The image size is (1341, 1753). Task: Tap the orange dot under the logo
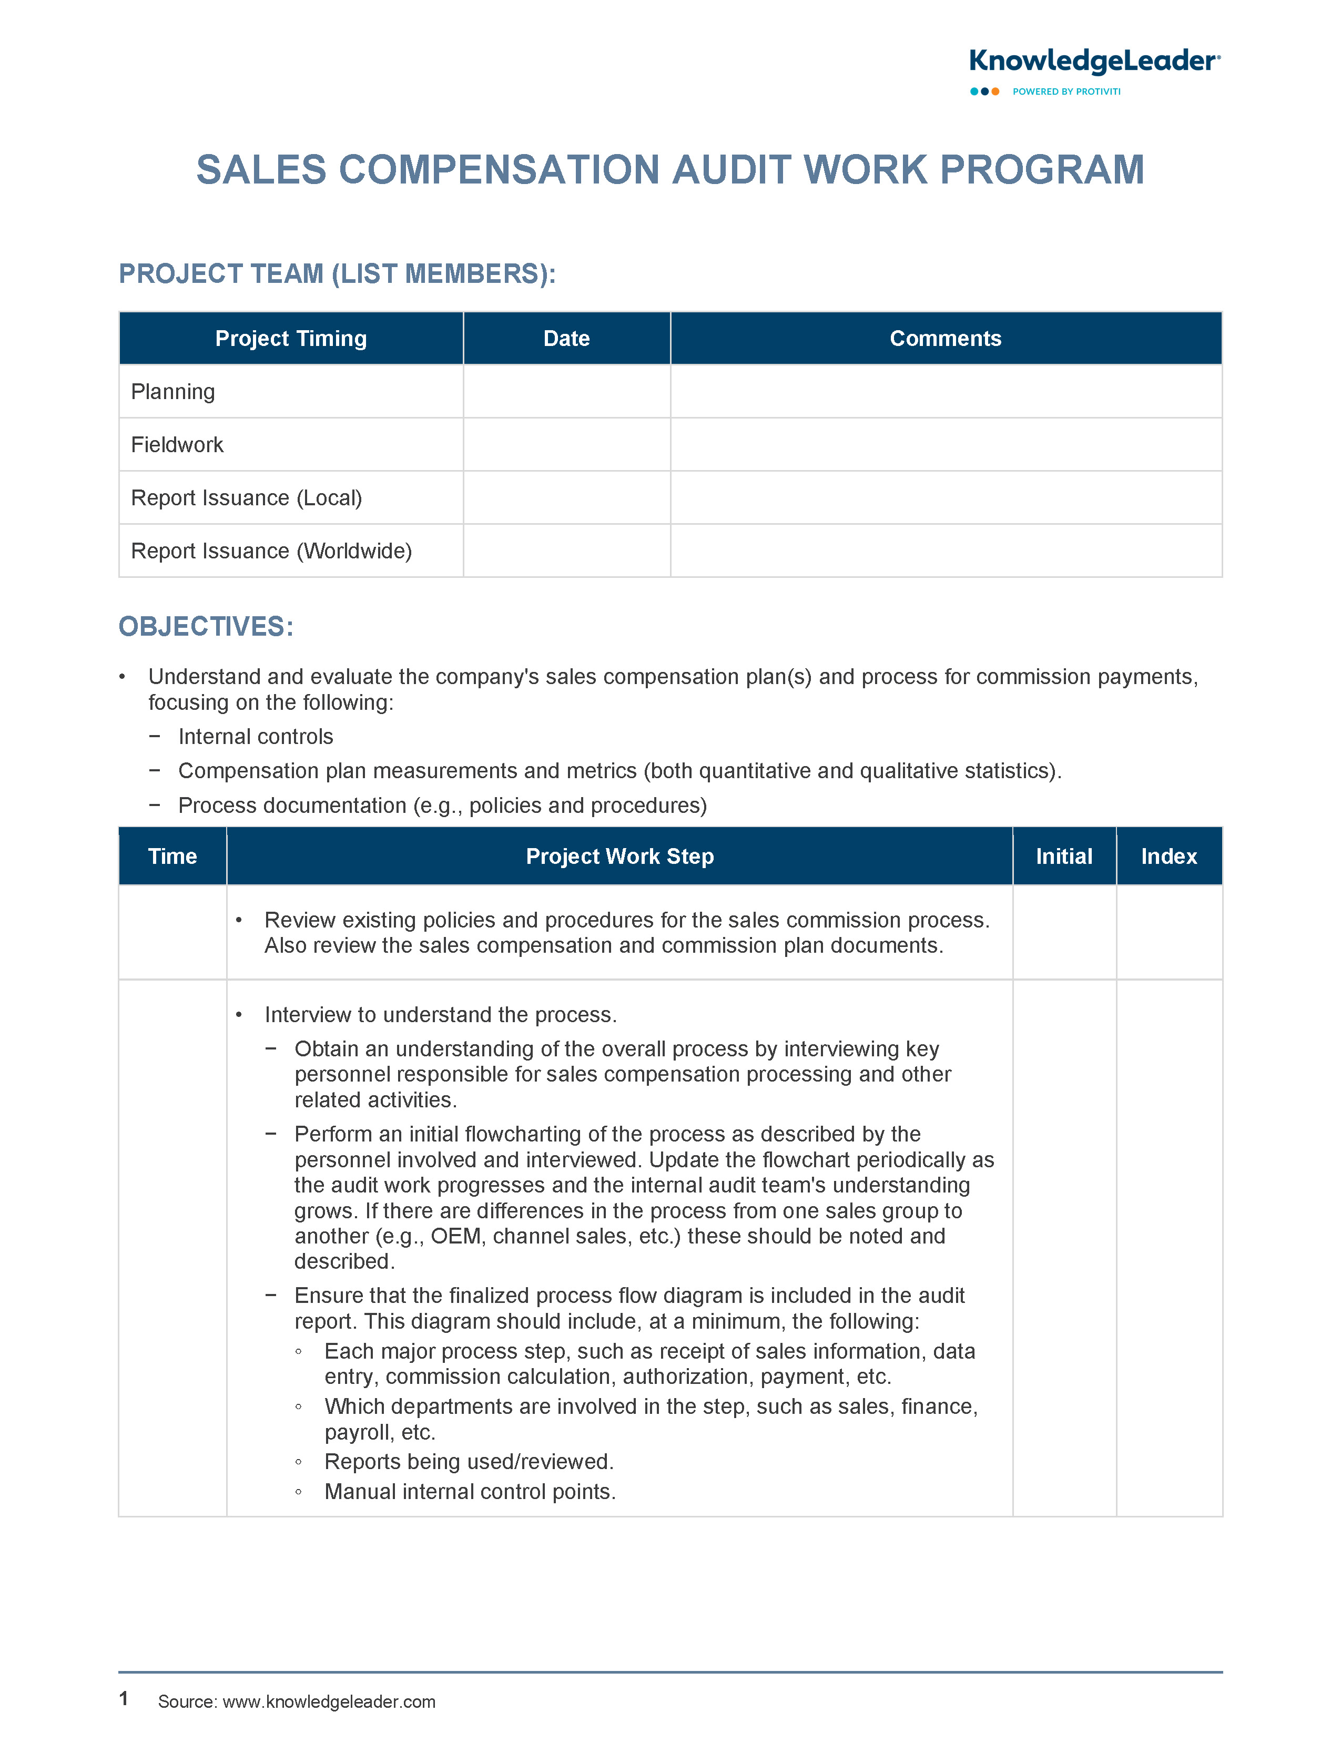[995, 92]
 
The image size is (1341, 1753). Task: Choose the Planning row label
[172, 392]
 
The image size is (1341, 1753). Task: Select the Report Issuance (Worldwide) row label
[271, 551]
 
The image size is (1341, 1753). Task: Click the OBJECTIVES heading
[206, 626]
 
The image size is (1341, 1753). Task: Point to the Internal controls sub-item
[256, 737]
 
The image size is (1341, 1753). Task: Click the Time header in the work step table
[172, 856]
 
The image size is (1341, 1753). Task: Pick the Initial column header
[1063, 856]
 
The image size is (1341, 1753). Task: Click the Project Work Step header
[619, 856]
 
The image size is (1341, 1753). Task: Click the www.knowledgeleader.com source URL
[329, 1701]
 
